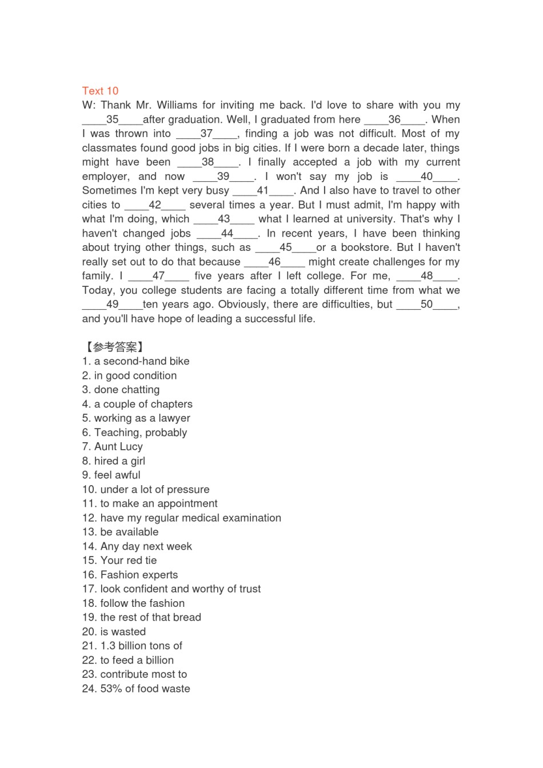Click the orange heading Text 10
(100, 91)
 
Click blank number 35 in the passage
(112, 119)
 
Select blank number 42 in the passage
(155, 205)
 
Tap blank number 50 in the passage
(426, 305)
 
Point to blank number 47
(158, 276)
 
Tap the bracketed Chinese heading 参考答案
(114, 347)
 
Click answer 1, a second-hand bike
(135, 361)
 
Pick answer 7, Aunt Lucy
(113, 447)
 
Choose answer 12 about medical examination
(182, 518)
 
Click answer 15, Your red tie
(119, 561)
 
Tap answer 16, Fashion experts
(130, 575)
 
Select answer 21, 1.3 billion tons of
(132, 646)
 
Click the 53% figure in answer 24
(111, 689)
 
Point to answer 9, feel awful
(111, 475)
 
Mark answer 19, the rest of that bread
(142, 617)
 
